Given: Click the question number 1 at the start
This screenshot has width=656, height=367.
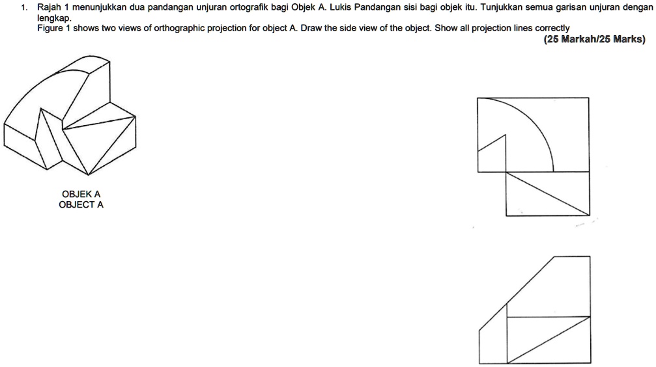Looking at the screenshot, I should pos(23,8).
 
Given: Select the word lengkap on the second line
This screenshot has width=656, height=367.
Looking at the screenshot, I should pos(54,18).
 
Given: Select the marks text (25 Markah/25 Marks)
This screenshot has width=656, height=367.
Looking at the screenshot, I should pos(594,39).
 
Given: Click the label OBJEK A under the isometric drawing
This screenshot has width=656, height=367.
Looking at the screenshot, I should pos(81,194).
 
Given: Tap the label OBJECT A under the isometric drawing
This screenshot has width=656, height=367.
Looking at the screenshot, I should pos(81,204).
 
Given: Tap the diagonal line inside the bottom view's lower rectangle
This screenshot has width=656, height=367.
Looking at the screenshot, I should pos(548,340).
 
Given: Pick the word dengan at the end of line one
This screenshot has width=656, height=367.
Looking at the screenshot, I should pos(636,8).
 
